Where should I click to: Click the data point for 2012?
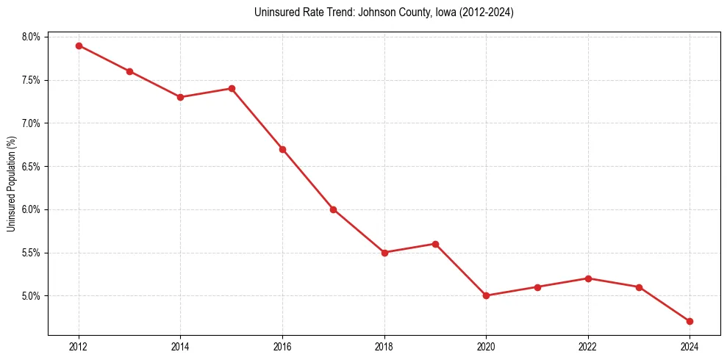(x=79, y=46)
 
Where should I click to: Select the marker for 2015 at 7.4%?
(x=232, y=88)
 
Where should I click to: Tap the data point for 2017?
(x=333, y=209)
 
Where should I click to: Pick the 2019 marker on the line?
(x=435, y=244)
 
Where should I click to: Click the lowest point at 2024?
(x=690, y=321)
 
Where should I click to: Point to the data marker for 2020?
(x=486, y=295)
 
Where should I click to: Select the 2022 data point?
(x=588, y=278)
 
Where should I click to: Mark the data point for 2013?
(x=129, y=71)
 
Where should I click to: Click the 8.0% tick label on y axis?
(x=33, y=37)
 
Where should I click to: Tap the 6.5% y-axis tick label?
(x=33, y=166)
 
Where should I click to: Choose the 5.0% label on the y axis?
(x=33, y=296)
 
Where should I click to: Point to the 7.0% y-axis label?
(x=33, y=123)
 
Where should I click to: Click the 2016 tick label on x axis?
(x=282, y=346)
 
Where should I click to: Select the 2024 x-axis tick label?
(x=690, y=346)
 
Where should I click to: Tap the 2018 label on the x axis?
(x=384, y=346)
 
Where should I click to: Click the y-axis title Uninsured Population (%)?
(x=11, y=184)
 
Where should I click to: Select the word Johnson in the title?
(x=374, y=13)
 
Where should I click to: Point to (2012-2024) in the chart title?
(x=486, y=13)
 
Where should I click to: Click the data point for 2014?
(x=180, y=97)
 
